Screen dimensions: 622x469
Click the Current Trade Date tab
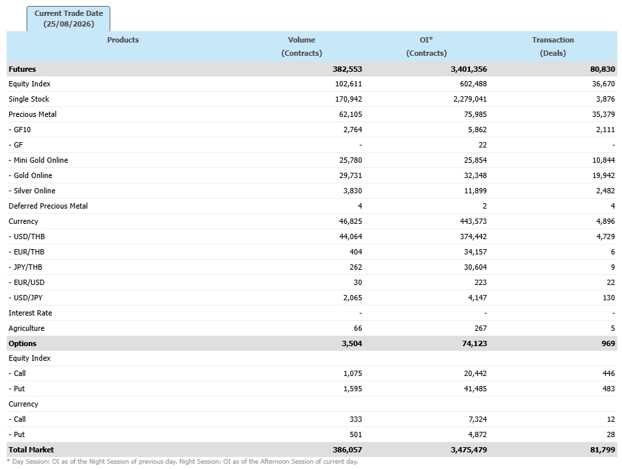68,19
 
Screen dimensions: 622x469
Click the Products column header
123,40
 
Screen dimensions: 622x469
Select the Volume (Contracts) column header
302,47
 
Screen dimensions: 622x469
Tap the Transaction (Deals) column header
553,47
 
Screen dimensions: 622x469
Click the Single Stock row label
29,99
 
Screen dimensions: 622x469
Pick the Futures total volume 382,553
348,69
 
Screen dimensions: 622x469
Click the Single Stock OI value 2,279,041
470,99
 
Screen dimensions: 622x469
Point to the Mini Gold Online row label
39,160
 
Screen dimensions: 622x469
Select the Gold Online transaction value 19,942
603,175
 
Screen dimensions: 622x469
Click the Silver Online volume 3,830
353,191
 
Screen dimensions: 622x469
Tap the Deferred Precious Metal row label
49,206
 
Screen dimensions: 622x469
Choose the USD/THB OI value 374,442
473,236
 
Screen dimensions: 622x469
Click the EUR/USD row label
27,283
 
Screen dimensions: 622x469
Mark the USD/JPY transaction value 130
609,298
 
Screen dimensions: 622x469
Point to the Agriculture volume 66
358,328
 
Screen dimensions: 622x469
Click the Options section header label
23,343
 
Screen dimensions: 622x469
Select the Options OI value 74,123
474,343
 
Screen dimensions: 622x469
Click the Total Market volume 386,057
348,450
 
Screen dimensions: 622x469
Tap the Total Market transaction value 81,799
603,450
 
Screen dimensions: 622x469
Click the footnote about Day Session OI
183,462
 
